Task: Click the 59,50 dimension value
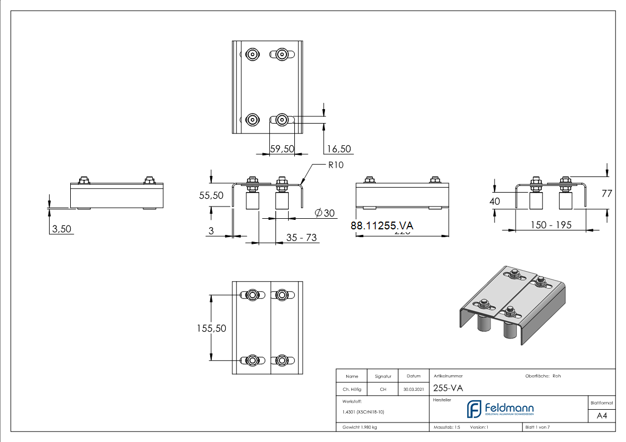[282, 149]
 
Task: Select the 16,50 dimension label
[339, 149]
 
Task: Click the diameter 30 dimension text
[324, 213]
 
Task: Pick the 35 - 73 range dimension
[301, 238]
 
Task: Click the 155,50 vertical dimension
[211, 328]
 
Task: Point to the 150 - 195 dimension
[550, 225]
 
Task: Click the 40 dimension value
[495, 202]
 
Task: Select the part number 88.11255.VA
[382, 225]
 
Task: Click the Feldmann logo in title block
[500, 410]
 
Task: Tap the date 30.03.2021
[413, 390]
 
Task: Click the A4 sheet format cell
[601, 416]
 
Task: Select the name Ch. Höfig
[351, 390]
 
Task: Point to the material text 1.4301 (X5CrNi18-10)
[363, 412]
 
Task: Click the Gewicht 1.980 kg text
[360, 427]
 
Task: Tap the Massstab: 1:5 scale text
[447, 427]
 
